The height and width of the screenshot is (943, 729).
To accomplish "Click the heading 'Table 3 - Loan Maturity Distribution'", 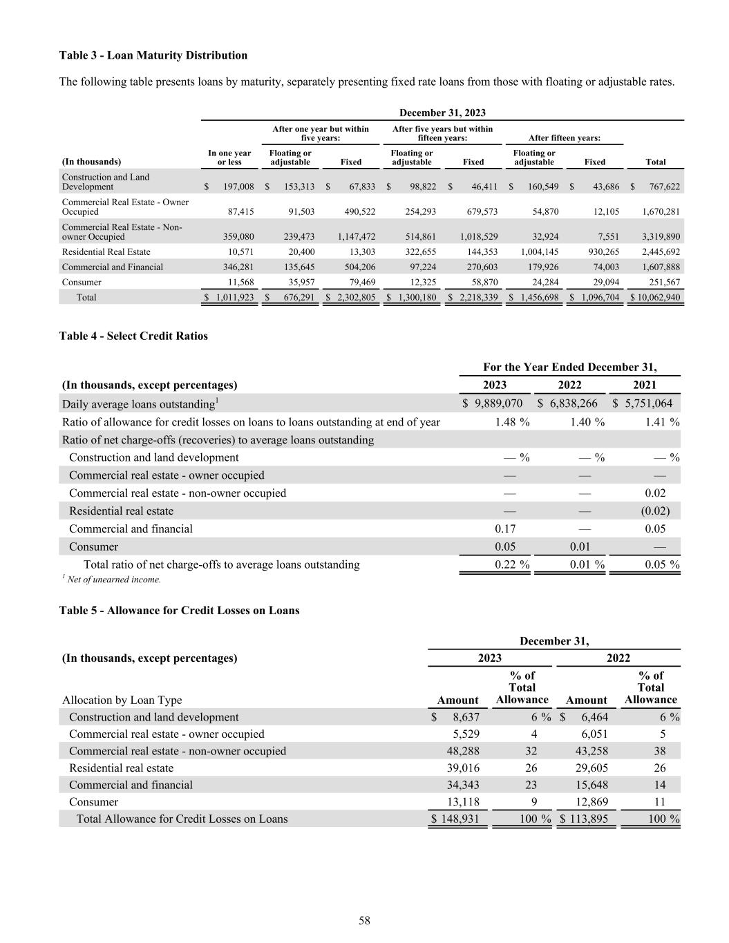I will pos(153,55).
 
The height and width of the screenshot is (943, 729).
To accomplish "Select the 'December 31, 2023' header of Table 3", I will pos(442,113).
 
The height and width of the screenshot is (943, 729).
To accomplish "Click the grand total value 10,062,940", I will pos(654,297).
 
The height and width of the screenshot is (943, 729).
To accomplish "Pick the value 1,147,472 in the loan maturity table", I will pos(356,236).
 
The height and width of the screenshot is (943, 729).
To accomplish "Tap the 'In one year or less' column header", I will pos(229,158).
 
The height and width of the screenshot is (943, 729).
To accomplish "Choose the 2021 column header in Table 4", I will pos(645,385).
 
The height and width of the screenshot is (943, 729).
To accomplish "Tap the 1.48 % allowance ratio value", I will pos(512,421).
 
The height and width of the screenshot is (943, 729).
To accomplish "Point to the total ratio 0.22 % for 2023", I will pos(512,564).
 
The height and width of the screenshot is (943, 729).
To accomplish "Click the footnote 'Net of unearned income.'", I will pos(114,580).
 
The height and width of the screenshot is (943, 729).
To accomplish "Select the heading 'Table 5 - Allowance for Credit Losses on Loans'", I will pos(180,610).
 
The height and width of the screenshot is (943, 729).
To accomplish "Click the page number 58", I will pos(364,920).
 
